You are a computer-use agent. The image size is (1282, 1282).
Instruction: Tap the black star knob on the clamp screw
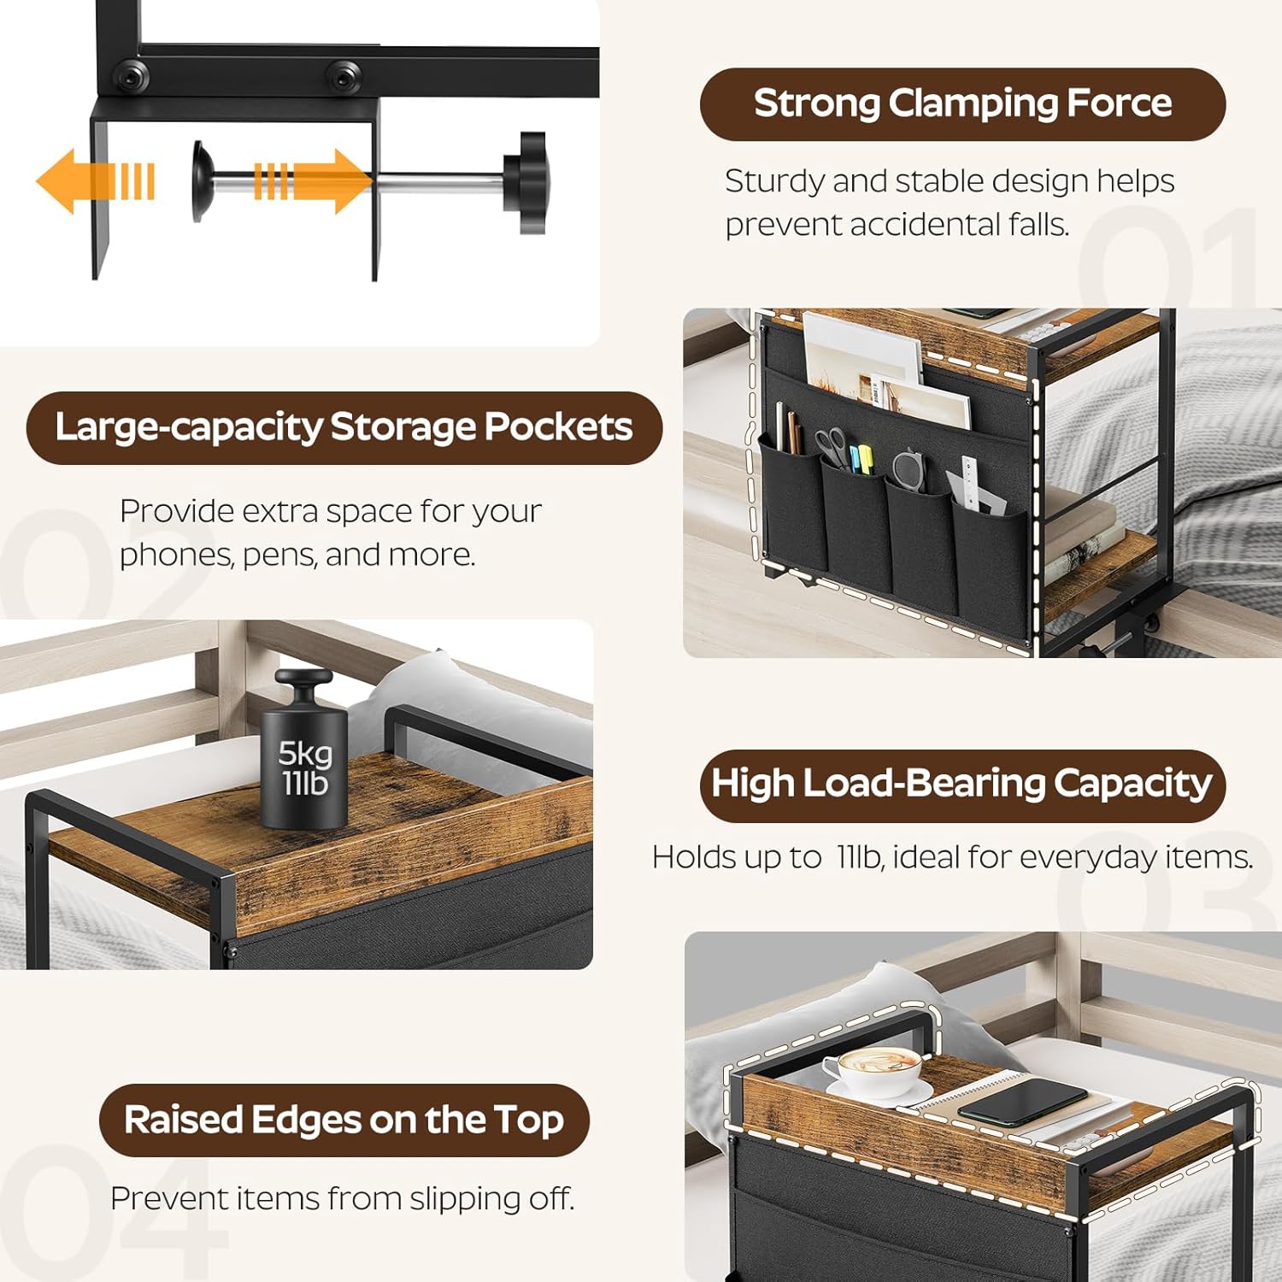tap(526, 182)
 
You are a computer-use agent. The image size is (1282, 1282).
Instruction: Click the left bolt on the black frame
tap(132, 77)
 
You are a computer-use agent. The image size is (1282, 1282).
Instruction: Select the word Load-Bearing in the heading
tap(924, 783)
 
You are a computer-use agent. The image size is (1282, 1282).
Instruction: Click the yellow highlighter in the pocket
tap(865, 458)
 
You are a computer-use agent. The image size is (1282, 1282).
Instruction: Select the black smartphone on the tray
tap(1022, 1103)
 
